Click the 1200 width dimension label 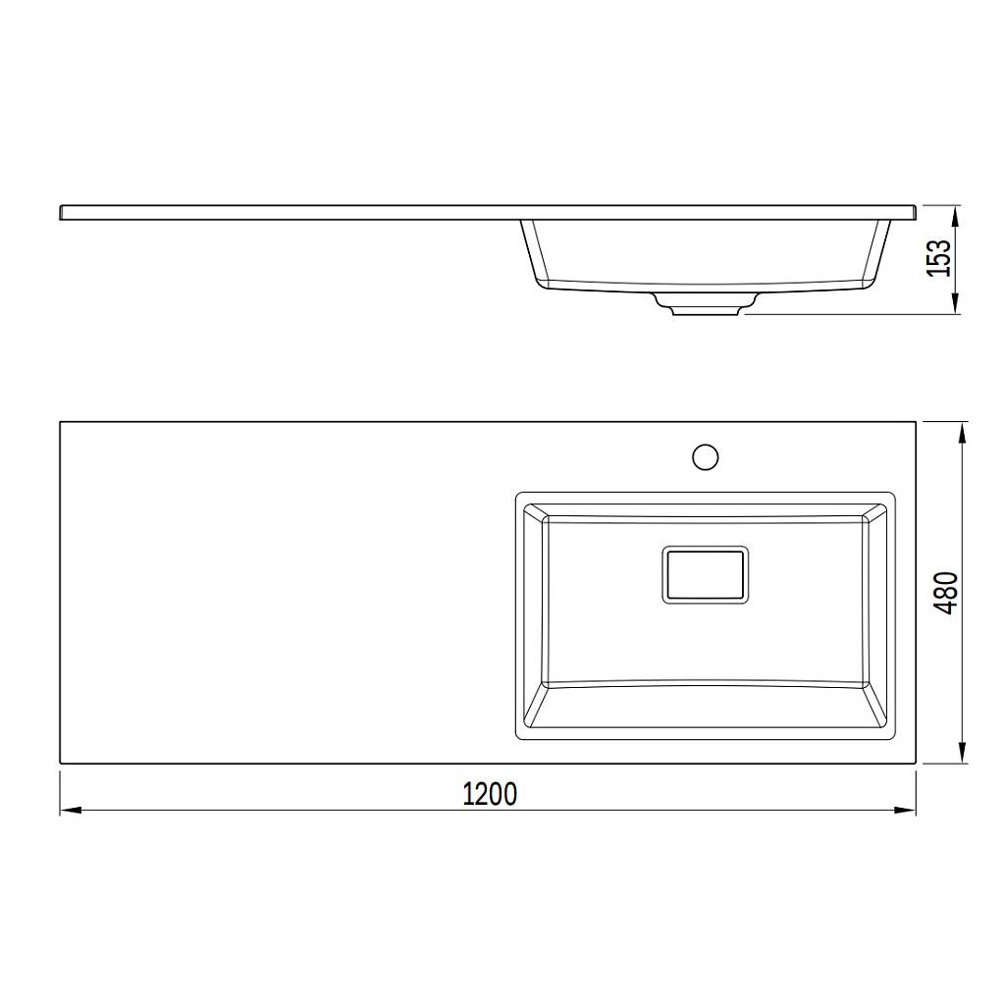(490, 794)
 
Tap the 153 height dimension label (940, 258)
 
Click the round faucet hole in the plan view (705, 457)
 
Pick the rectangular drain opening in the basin (705, 575)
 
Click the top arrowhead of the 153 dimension (955, 217)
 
